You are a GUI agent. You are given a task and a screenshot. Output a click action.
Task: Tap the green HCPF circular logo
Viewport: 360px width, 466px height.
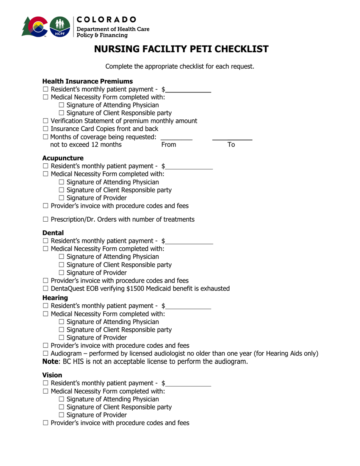pos(60,27)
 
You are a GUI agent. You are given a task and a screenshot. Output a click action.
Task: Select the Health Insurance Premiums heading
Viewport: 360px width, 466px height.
pos(87,81)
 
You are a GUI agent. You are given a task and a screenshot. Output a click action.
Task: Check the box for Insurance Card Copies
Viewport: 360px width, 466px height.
pos(45,129)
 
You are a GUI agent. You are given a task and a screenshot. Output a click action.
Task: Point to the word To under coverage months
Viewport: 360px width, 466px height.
pos(231,145)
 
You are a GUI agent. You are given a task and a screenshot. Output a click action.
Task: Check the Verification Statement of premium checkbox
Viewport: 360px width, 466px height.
pos(45,121)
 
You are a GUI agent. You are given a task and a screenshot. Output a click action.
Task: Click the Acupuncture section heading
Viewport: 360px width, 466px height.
pos(63,158)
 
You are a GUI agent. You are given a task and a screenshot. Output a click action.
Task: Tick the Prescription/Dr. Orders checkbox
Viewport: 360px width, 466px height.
pos(45,219)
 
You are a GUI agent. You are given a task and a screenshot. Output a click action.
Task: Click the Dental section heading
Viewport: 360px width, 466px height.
pos(53,233)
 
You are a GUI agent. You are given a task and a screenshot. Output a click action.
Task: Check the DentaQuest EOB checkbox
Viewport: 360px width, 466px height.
pos(45,289)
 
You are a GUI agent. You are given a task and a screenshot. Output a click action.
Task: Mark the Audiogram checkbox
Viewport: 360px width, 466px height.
pos(45,354)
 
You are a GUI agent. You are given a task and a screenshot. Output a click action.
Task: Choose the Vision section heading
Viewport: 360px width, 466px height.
pos(52,375)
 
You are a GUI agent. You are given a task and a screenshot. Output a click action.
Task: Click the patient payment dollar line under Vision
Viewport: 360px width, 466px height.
pos(188,386)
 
